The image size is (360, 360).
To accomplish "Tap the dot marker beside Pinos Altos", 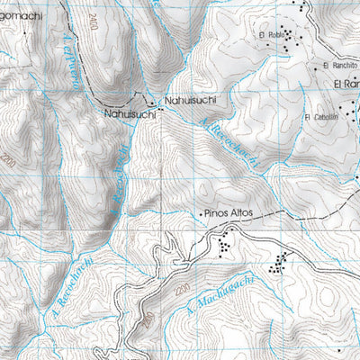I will pos(200,214).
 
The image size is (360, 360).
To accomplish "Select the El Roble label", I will pos(269,35).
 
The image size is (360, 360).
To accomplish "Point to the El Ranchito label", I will pos(339,67).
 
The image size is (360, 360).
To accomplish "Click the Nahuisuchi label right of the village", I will pos(186,101).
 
